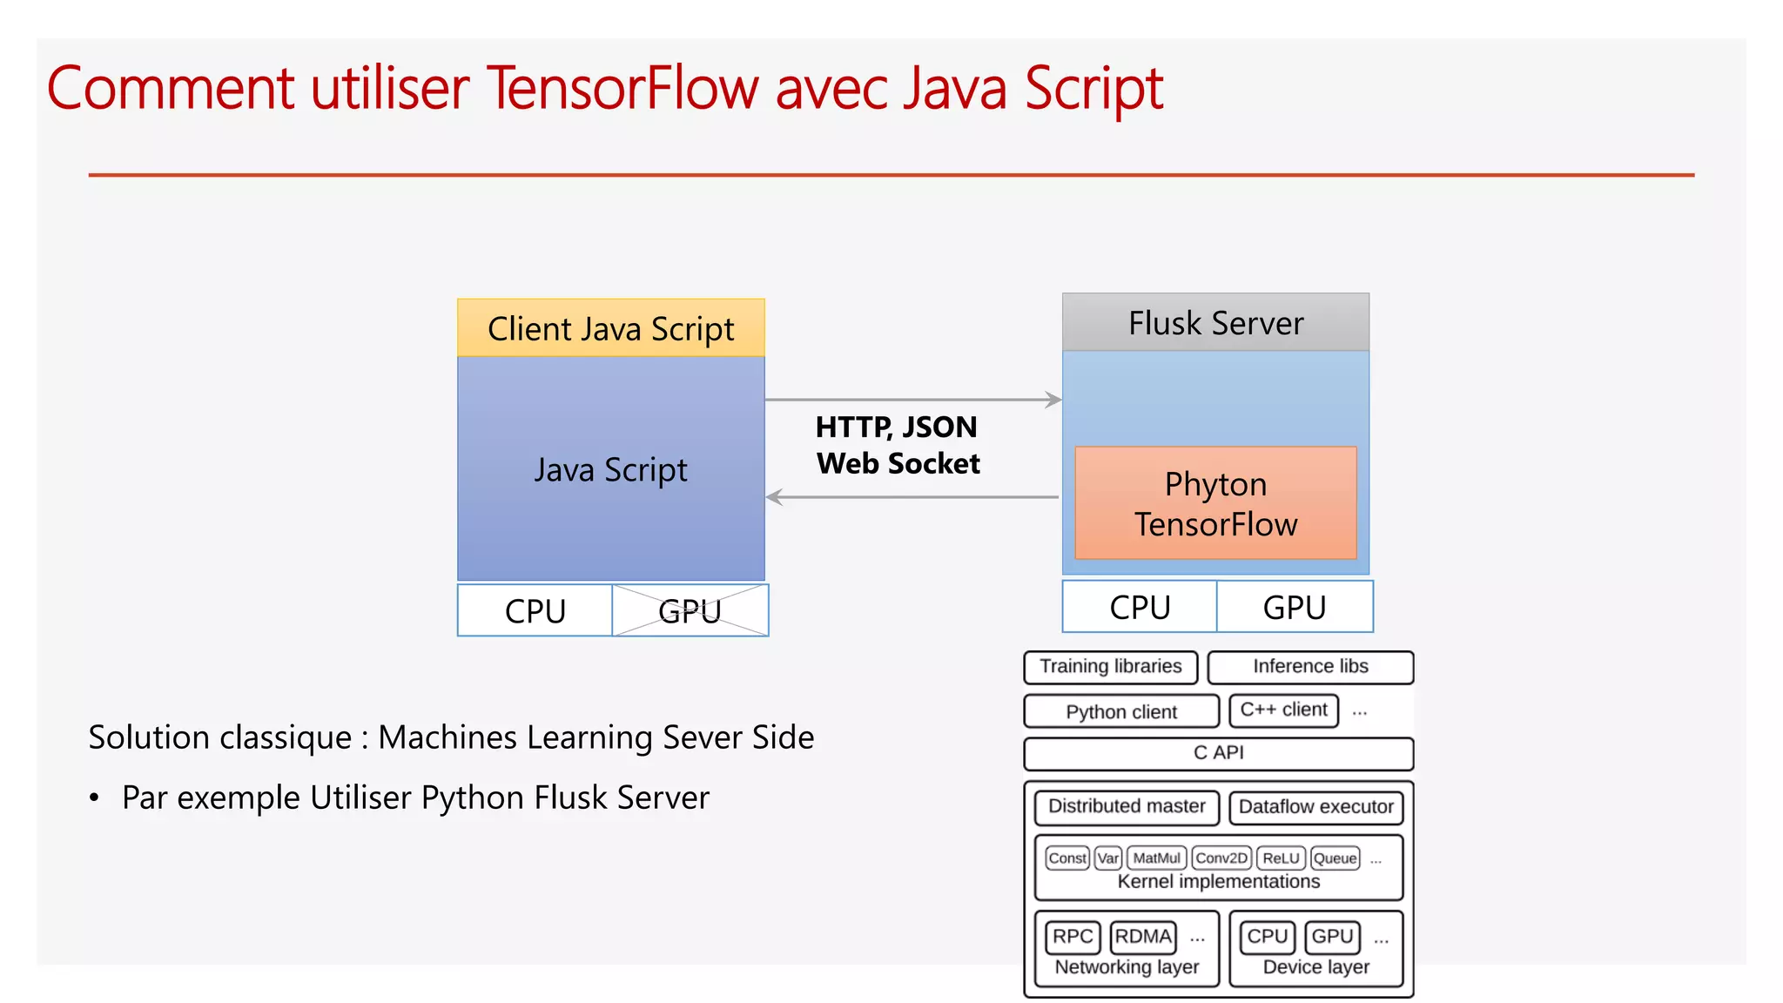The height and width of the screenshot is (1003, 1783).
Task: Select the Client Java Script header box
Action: [610, 328]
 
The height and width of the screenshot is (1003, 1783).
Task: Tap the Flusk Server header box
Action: [1215, 323]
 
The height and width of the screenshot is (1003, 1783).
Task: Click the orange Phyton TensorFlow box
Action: [1215, 503]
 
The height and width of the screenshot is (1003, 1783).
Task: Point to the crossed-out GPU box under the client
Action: [690, 610]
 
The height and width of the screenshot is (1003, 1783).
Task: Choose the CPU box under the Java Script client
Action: [535, 610]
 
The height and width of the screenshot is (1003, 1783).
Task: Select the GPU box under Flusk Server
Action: [1294, 607]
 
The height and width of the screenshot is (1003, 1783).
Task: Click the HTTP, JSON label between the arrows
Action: [896, 427]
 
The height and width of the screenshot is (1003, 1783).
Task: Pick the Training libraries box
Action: [1110, 667]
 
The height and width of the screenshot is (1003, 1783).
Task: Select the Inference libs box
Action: [1309, 667]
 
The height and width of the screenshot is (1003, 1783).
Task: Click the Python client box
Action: [1120, 711]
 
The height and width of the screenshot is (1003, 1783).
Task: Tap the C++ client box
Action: [1283, 710]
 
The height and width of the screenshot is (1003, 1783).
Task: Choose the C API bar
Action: [1218, 753]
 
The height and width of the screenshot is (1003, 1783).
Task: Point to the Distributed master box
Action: [1127, 806]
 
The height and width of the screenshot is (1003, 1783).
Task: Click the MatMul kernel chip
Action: [1156, 858]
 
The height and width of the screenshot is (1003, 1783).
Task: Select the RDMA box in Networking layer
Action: [1142, 937]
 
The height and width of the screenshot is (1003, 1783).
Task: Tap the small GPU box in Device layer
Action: [1332, 937]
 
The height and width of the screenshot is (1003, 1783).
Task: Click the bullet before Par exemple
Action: [94, 798]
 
